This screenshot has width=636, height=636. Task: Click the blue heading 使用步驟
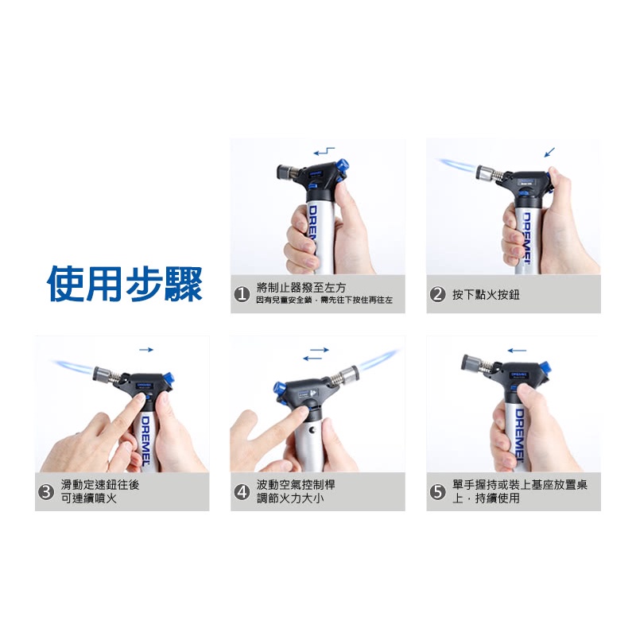point(125,284)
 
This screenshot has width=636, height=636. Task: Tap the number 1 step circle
point(242,294)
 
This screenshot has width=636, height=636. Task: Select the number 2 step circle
point(438,294)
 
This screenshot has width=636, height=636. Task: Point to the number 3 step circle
point(46,492)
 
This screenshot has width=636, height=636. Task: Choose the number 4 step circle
point(242,492)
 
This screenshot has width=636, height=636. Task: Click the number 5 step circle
point(438,492)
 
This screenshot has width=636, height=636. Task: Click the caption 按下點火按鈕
point(486,294)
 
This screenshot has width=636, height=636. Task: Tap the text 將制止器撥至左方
point(301,288)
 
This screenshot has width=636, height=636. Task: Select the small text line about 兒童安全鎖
point(324,301)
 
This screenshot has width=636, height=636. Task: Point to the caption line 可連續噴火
point(88,498)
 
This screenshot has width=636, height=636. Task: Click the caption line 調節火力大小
point(290,498)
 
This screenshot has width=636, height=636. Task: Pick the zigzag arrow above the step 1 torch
point(324,152)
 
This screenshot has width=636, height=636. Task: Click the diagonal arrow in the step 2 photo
point(549,152)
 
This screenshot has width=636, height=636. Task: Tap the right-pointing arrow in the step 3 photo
point(146,350)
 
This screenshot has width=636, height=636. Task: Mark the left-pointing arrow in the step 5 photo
point(517,351)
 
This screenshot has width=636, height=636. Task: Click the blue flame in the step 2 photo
point(456,165)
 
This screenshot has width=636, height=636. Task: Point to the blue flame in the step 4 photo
point(379,359)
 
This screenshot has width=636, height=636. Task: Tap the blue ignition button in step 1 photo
point(342,165)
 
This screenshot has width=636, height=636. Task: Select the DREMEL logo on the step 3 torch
point(145,440)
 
